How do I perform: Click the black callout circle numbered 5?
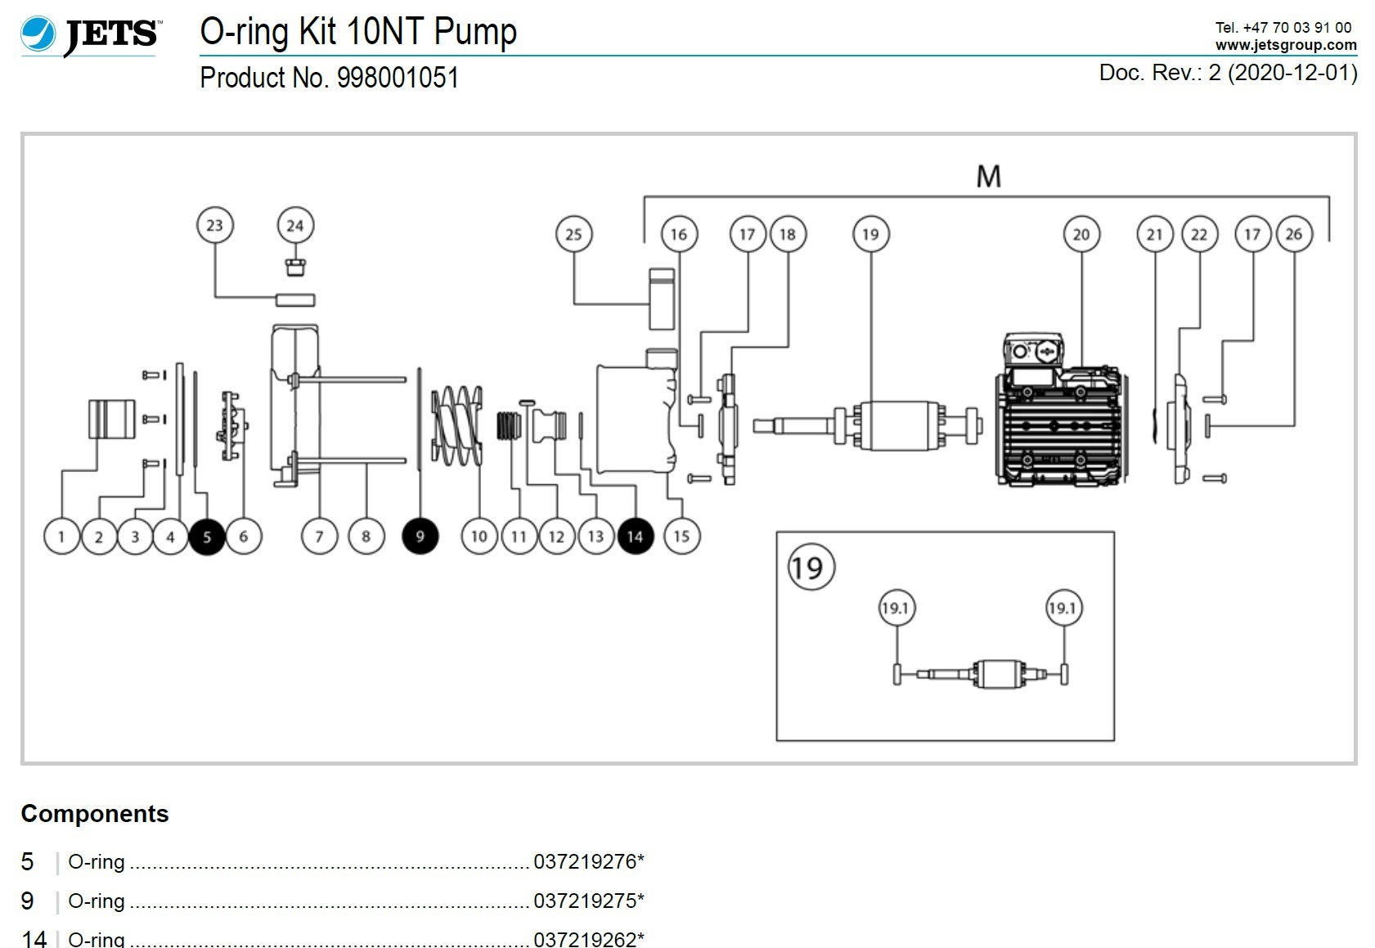tap(207, 537)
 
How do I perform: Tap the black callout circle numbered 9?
tap(420, 537)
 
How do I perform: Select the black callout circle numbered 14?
tap(636, 537)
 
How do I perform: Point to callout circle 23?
tap(215, 225)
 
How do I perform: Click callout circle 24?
tap(295, 225)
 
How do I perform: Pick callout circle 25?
tap(573, 234)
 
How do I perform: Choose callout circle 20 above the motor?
tap(1081, 234)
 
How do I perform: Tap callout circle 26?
tap(1293, 234)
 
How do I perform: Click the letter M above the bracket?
tap(988, 176)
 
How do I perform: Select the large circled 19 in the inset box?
tap(810, 567)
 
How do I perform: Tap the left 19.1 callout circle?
tap(896, 608)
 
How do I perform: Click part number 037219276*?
tap(588, 861)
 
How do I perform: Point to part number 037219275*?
tap(588, 901)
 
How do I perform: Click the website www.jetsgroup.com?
tap(1285, 45)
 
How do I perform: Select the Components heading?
tap(95, 814)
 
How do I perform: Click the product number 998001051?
tap(398, 78)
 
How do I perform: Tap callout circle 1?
tap(61, 537)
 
